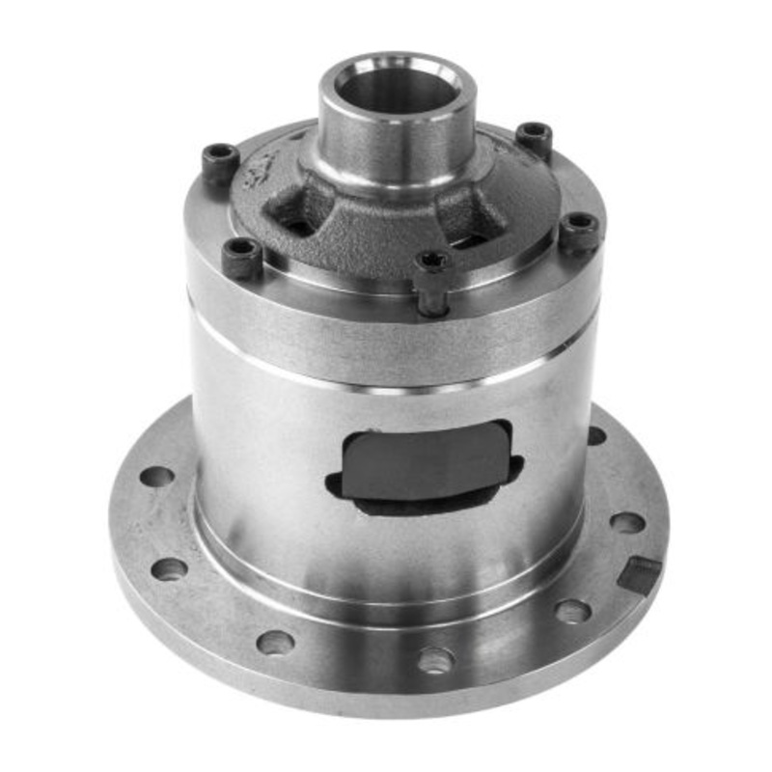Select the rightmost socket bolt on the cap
(580, 230)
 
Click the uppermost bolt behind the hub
(534, 135)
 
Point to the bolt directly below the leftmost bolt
(241, 256)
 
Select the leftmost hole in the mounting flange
(156, 477)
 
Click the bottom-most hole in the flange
(435, 660)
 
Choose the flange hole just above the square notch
(627, 522)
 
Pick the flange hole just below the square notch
(572, 612)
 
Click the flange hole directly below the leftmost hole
(170, 569)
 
